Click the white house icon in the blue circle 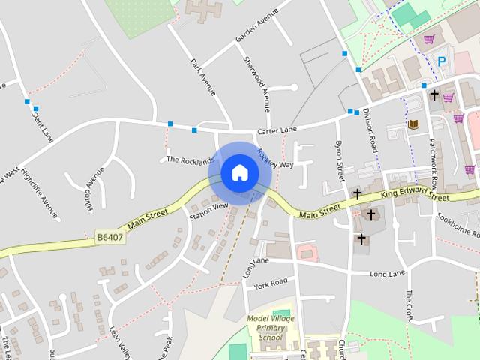240,172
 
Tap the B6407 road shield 109,237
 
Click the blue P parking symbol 442,61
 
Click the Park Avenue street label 203,77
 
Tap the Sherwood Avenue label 255,83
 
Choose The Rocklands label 190,160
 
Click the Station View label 208,211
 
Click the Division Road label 369,130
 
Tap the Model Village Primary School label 271,327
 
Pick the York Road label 271,283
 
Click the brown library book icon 412,124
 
